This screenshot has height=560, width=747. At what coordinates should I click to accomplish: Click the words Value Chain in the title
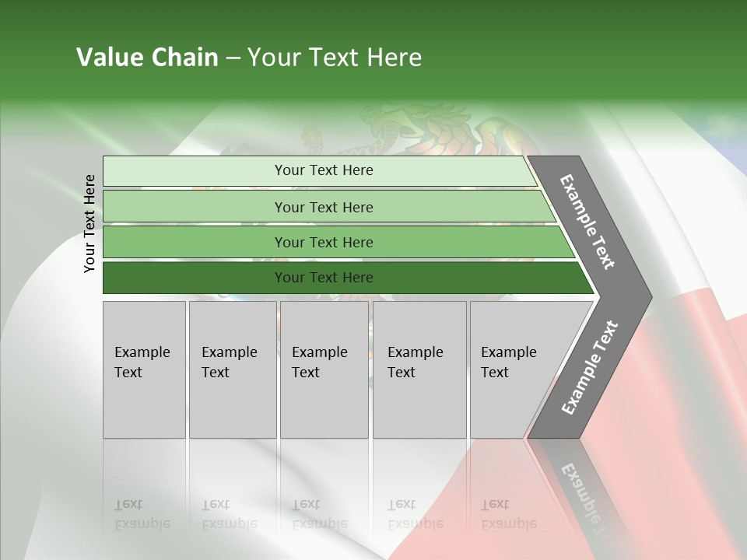coord(147,58)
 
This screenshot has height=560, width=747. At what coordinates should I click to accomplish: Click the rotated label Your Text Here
coord(89,223)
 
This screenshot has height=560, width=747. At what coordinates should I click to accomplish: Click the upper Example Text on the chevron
coord(587,222)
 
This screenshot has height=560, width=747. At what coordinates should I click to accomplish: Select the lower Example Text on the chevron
coord(590,368)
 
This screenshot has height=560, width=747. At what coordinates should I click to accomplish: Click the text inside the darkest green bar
coord(324,278)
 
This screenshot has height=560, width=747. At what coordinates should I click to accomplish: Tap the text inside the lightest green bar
coord(324,170)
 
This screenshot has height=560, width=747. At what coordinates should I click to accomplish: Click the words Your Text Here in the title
coord(335,58)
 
